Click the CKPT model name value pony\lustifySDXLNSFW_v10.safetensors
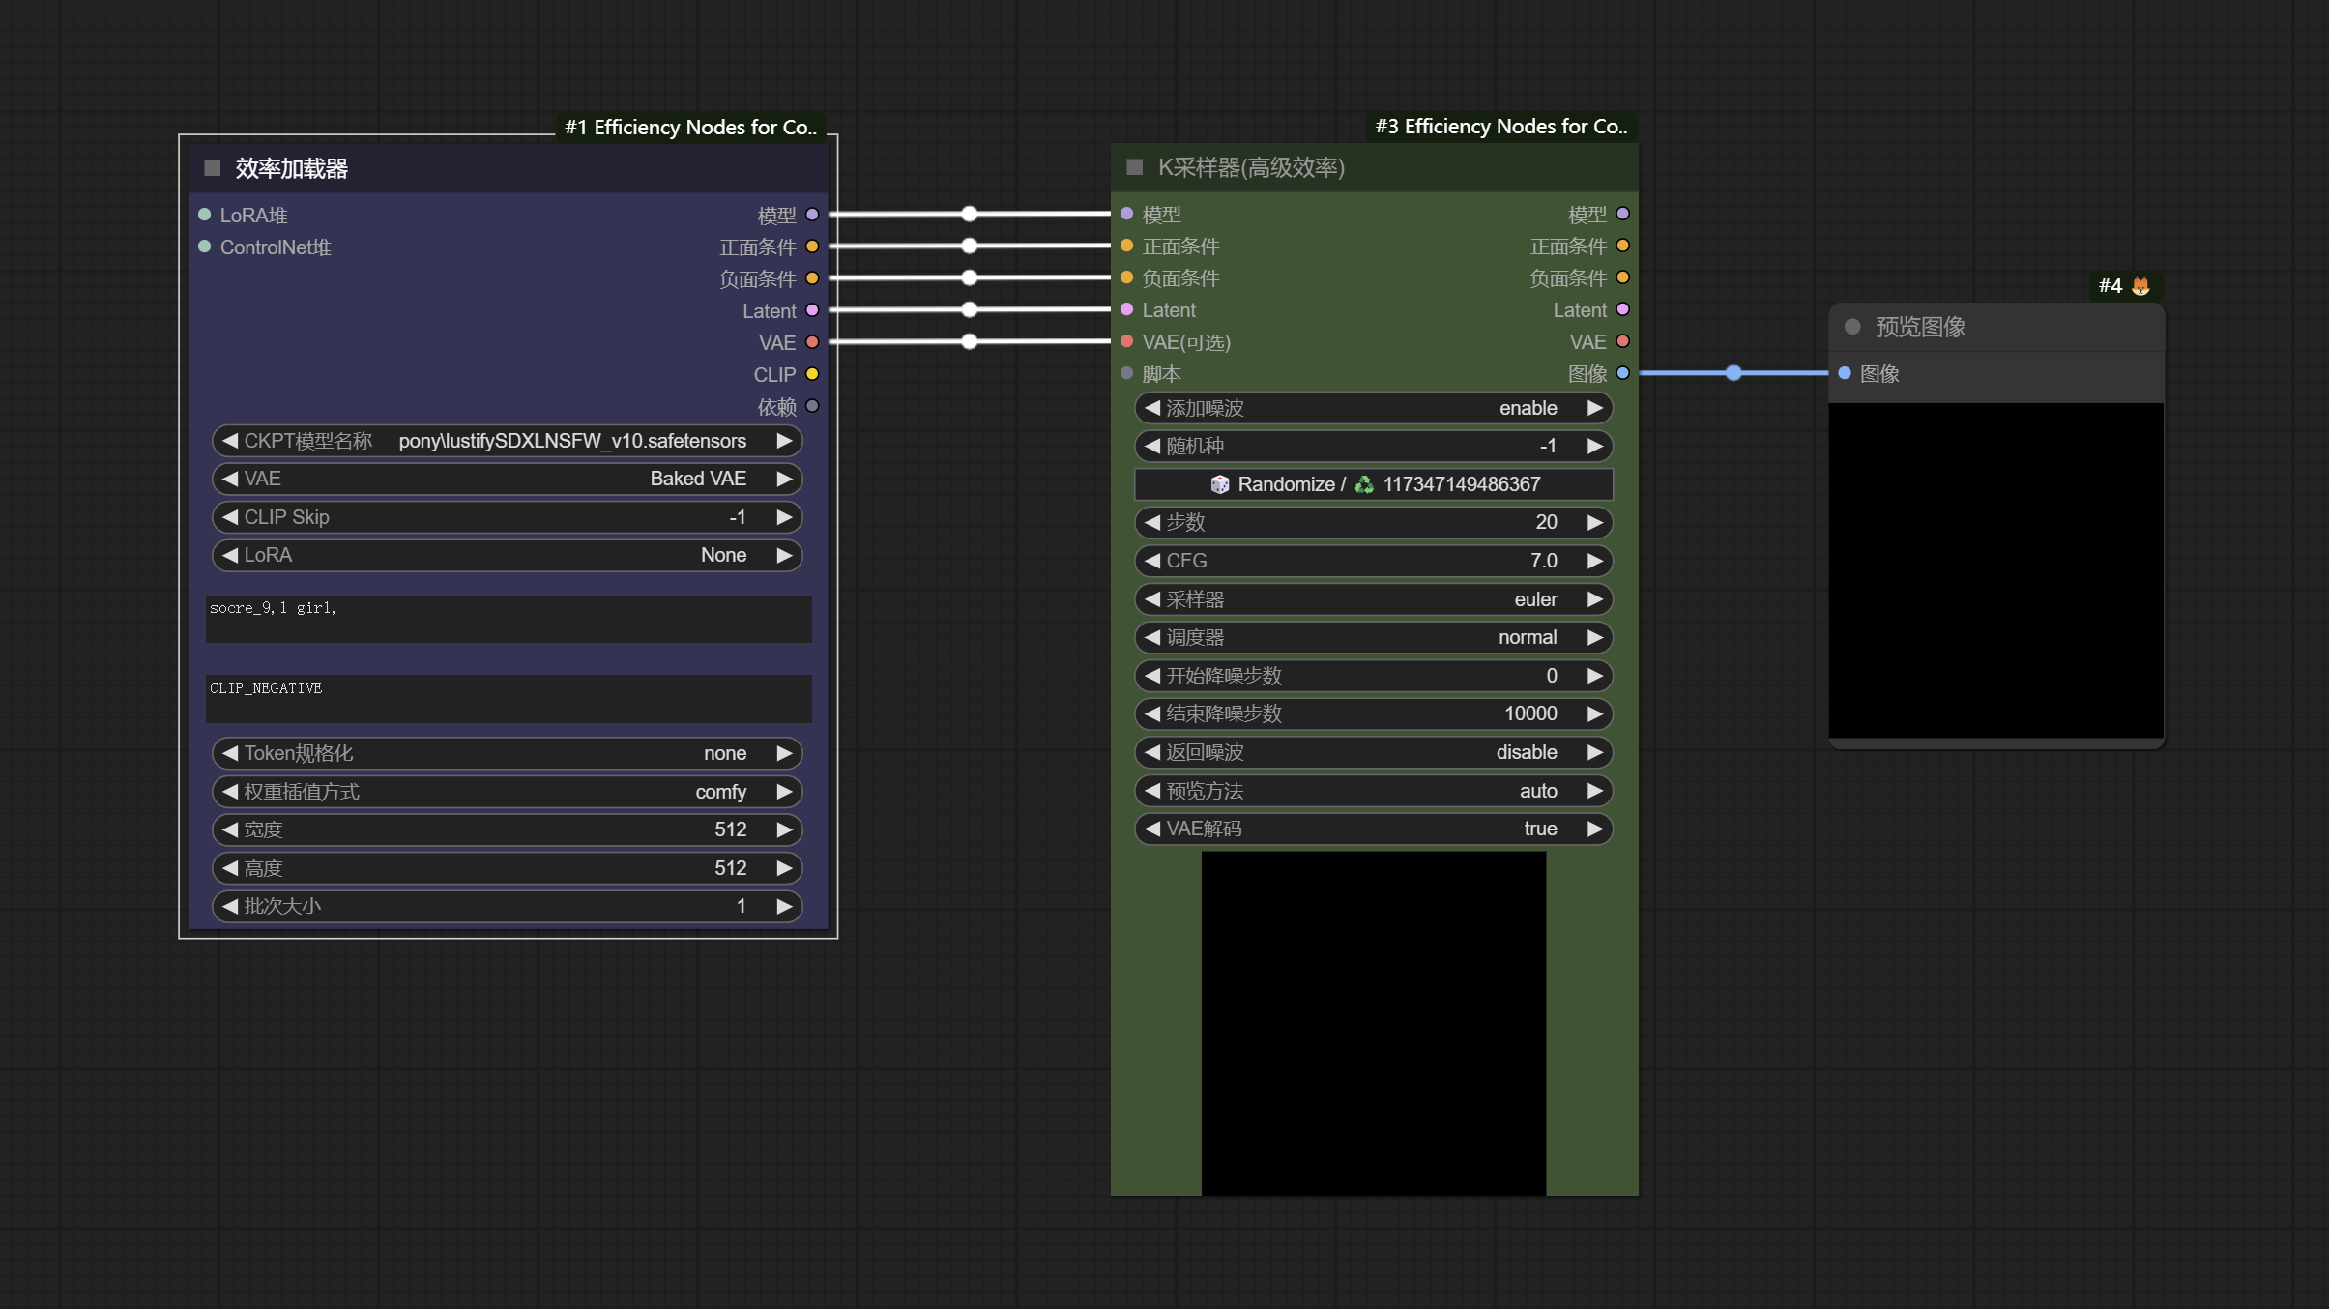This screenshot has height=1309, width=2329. click(x=572, y=441)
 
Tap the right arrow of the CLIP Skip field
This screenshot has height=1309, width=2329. click(x=784, y=517)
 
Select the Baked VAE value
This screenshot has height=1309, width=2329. click(x=698, y=479)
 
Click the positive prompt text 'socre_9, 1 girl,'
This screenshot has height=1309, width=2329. click(x=273, y=608)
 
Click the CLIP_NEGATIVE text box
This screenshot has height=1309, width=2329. click(x=509, y=698)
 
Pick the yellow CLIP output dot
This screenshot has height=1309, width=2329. click(x=812, y=374)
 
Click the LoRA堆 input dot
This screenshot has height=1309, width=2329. click(x=205, y=215)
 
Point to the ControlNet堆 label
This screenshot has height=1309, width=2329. click(x=276, y=247)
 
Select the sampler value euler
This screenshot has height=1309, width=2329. click(x=1535, y=599)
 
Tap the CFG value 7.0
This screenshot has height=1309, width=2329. click(x=1543, y=561)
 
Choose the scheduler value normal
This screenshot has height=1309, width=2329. click(x=1528, y=637)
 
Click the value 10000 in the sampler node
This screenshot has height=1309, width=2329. click(x=1530, y=713)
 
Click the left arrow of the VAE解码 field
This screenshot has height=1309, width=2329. click(x=1151, y=829)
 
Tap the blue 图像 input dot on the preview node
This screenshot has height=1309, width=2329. click(x=1845, y=373)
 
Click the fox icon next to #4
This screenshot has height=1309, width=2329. click(x=2140, y=286)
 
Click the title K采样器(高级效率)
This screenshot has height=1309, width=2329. click(x=1251, y=167)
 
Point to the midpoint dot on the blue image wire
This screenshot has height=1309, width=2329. click(x=1733, y=373)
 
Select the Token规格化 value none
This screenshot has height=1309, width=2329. click(x=725, y=753)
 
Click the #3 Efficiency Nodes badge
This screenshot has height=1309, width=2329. click(x=1501, y=127)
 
